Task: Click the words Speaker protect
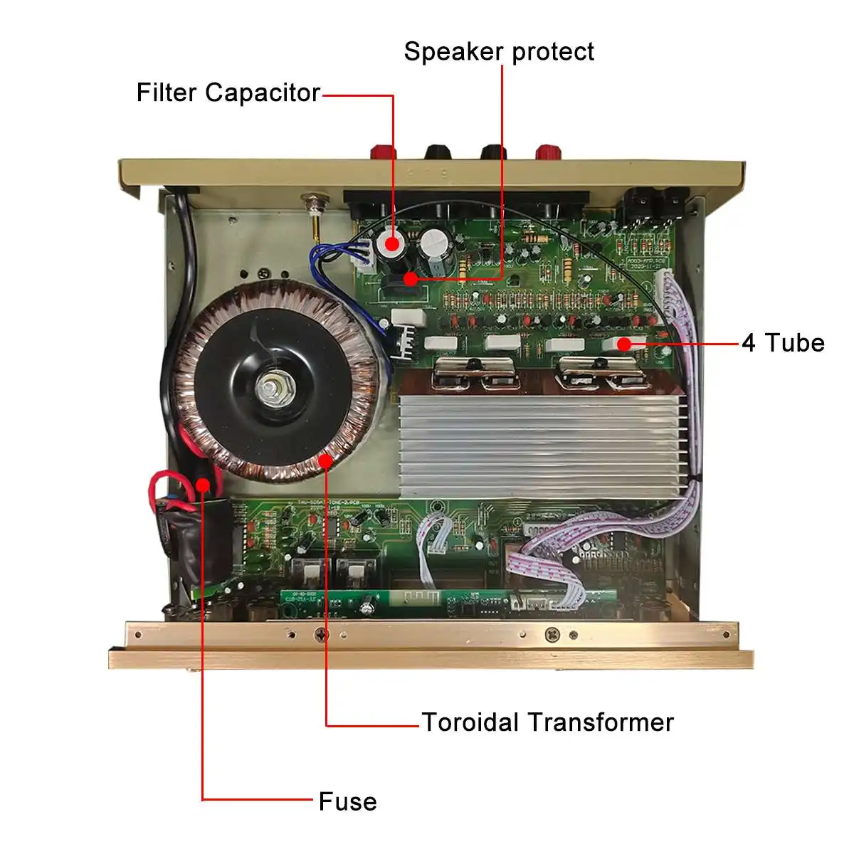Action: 498,51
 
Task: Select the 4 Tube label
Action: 782,343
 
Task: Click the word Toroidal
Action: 470,722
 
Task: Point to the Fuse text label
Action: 347,801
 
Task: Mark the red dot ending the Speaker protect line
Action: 410,278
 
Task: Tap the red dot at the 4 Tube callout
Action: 624,344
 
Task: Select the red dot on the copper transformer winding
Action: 325,460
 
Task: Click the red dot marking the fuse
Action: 203,485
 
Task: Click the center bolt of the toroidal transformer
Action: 271,389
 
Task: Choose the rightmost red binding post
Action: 547,152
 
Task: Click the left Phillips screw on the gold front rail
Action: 322,633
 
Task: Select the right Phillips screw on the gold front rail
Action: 551,633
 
